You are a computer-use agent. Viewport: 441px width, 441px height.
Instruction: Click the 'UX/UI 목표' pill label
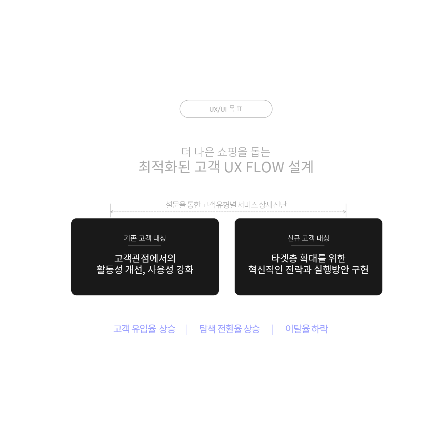click(x=226, y=109)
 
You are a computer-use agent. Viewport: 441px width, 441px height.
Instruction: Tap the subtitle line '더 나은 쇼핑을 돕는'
click(x=226, y=152)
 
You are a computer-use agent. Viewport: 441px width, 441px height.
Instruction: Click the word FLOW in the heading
click(x=265, y=167)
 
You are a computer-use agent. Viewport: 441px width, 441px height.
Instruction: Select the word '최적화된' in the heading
click(x=164, y=167)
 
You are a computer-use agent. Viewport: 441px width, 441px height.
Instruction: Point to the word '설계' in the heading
click(x=301, y=167)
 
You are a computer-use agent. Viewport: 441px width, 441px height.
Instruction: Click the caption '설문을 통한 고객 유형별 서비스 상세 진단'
click(x=226, y=205)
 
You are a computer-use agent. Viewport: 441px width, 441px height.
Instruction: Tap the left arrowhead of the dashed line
click(x=111, y=212)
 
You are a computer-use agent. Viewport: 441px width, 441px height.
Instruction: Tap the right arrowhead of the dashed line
click(x=345, y=212)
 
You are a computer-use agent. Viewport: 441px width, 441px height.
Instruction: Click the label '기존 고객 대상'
click(x=145, y=238)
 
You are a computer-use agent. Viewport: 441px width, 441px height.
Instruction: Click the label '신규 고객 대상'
click(x=308, y=238)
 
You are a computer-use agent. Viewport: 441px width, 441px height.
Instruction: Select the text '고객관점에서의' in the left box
click(x=145, y=258)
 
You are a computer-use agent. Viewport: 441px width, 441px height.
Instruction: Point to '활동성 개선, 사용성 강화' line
click(x=145, y=269)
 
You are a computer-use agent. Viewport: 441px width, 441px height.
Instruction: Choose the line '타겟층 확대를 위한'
click(x=308, y=258)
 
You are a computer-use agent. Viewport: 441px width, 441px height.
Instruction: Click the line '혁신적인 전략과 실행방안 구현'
click(x=308, y=269)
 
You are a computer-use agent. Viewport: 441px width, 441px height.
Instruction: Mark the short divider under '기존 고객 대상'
click(x=144, y=246)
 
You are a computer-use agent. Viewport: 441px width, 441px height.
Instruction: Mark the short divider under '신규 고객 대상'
click(x=308, y=246)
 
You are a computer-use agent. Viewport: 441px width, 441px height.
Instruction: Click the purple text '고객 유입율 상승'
click(x=144, y=329)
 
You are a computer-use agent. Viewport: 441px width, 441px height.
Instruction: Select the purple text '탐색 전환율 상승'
click(x=229, y=329)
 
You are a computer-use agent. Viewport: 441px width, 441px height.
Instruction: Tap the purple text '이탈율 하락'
click(x=306, y=329)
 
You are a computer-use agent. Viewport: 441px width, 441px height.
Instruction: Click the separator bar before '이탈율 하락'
click(x=272, y=330)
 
